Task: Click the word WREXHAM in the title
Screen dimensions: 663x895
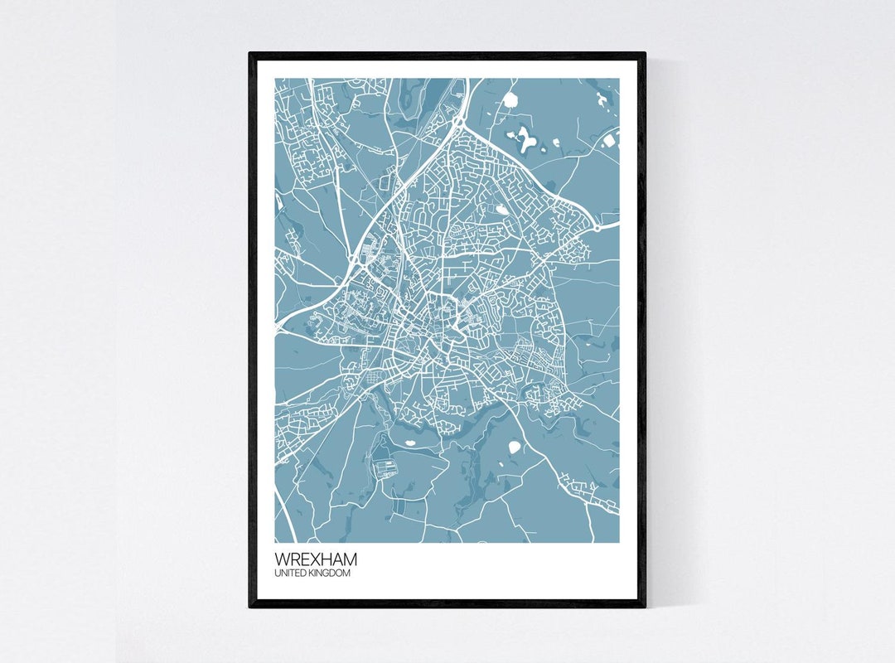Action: click(x=316, y=559)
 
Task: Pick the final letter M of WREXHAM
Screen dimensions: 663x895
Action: click(x=350, y=559)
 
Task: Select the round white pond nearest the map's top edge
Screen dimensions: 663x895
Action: click(x=510, y=100)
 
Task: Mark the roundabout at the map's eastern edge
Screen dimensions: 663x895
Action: click(x=596, y=226)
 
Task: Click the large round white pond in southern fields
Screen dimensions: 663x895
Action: click(x=515, y=448)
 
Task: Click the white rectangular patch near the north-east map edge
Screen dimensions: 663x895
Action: click(x=611, y=140)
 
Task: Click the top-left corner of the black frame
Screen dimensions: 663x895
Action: click(x=249, y=54)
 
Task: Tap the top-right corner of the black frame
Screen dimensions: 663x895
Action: click(x=645, y=54)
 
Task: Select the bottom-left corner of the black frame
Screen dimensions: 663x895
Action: click(x=249, y=607)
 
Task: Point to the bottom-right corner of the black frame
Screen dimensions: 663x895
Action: click(x=645, y=607)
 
